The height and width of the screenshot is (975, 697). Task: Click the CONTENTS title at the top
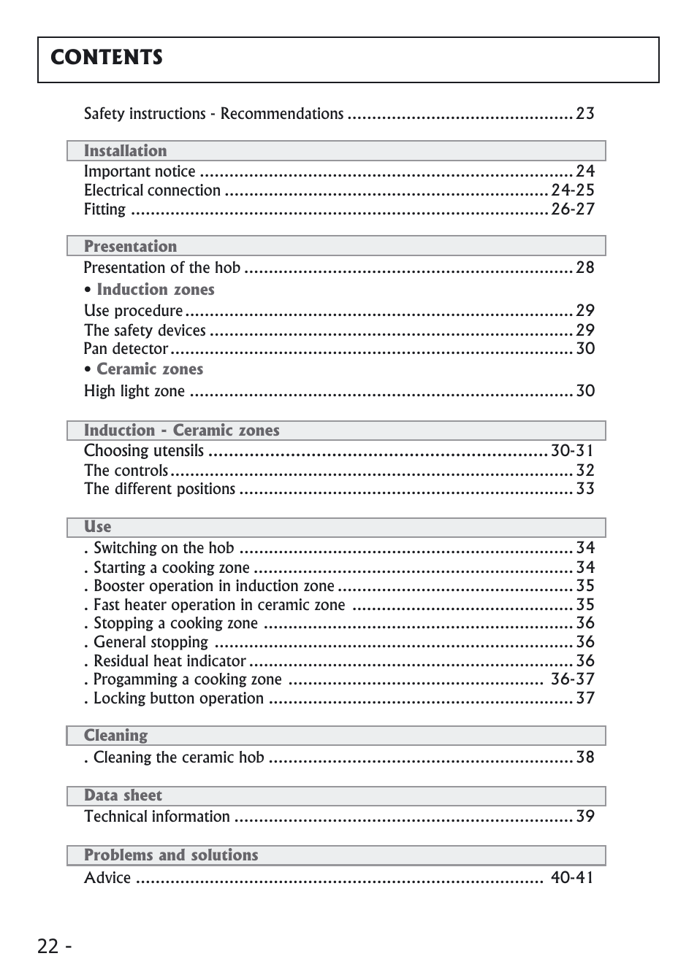click(107, 58)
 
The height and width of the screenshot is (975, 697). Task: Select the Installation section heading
click(125, 151)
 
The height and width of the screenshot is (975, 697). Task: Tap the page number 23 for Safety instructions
click(584, 114)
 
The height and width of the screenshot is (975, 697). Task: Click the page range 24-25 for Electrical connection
click(572, 190)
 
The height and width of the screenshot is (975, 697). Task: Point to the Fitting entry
click(104, 210)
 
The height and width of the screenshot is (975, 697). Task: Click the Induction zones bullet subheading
click(155, 290)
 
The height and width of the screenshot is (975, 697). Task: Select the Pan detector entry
click(126, 349)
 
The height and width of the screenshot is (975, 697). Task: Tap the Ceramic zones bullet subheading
click(150, 369)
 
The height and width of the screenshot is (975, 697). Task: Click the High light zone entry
click(134, 391)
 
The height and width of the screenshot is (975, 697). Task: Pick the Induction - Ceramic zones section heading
click(181, 431)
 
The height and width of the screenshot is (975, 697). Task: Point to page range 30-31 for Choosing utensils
click(572, 451)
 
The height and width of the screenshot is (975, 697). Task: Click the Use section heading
click(97, 527)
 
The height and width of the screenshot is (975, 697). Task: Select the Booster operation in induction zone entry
click(213, 586)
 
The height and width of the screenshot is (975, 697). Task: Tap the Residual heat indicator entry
click(170, 661)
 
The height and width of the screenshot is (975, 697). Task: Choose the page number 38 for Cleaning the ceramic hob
click(584, 758)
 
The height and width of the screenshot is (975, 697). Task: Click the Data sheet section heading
click(123, 795)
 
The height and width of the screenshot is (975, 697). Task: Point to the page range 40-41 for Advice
click(571, 877)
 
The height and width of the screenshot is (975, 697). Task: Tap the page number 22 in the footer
click(48, 947)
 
